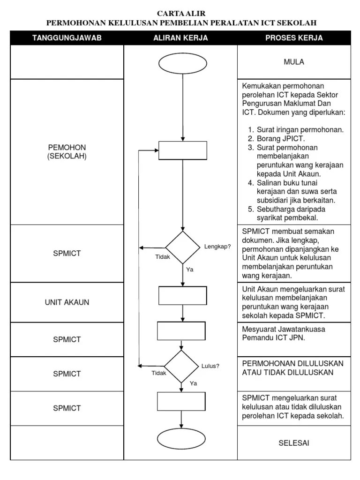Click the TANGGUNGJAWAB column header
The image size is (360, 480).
click(x=67, y=38)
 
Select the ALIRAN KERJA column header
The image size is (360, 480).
click(x=180, y=38)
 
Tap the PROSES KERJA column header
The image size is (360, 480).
click(x=294, y=38)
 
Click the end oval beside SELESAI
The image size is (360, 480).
click(x=181, y=439)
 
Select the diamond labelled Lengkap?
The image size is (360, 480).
click(x=182, y=247)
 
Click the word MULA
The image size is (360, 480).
click(x=294, y=62)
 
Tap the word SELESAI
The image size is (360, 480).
click(x=294, y=443)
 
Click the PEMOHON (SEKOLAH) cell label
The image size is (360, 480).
click(x=67, y=152)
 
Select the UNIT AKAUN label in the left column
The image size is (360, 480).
click(x=67, y=302)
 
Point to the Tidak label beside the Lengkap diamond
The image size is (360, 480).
click(x=163, y=256)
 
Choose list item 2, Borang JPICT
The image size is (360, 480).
click(x=281, y=138)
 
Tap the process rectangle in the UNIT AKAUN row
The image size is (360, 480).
click(x=182, y=295)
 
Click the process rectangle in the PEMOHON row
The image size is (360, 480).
click(x=183, y=150)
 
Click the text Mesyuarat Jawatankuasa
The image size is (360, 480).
click(x=284, y=329)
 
